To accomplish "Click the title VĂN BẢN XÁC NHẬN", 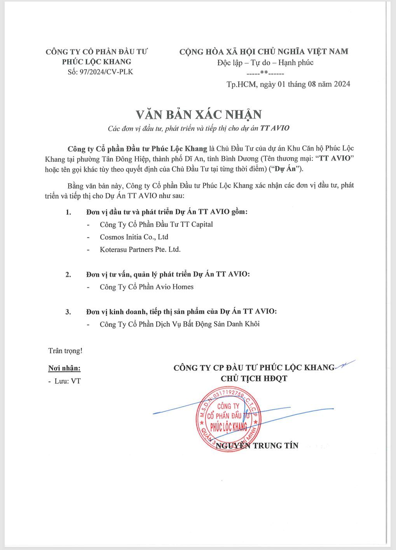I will pyautogui.click(x=198, y=115).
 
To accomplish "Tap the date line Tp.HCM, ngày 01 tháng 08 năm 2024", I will pyautogui.click(x=288, y=84).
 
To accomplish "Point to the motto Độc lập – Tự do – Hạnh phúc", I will pyautogui.click(x=265, y=63).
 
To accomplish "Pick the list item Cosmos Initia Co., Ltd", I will pyautogui.click(x=134, y=237).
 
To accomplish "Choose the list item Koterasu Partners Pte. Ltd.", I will pyautogui.click(x=140, y=249).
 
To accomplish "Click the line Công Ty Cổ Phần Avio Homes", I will pyautogui.click(x=147, y=287).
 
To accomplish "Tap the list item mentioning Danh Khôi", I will pyautogui.click(x=180, y=324).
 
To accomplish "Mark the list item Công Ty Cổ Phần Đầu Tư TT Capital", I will pyautogui.click(x=156, y=224).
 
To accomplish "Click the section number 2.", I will pyautogui.click(x=68, y=274).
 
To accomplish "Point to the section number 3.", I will pyautogui.click(x=68, y=312).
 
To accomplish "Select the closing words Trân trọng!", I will pyautogui.click(x=65, y=351).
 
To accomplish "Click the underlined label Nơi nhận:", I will pyautogui.click(x=65, y=368).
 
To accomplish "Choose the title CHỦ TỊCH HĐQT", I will pyautogui.click(x=254, y=378).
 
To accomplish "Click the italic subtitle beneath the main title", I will pyautogui.click(x=198, y=128).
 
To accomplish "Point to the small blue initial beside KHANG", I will pyautogui.click(x=345, y=364).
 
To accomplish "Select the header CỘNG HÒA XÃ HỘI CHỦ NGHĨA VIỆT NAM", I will pyautogui.click(x=263, y=51).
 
